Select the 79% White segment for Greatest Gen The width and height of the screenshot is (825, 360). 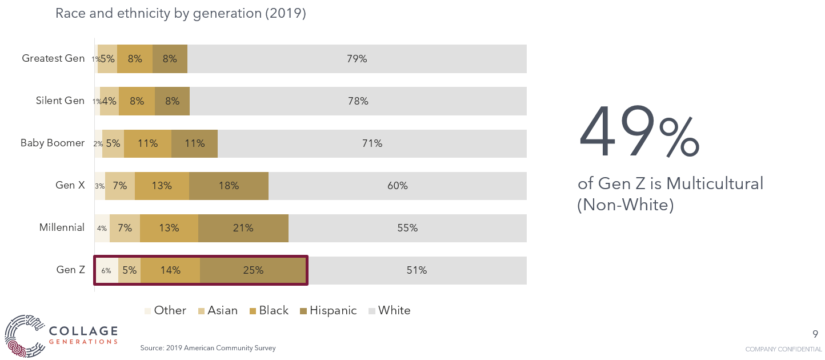[357, 59]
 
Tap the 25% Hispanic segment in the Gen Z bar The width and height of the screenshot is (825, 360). [253, 270]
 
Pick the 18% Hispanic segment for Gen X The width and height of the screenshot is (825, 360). [229, 186]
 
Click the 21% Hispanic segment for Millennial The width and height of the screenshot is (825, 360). [243, 228]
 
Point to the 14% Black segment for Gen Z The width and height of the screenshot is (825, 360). [170, 270]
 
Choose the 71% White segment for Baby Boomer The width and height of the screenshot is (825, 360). [371, 143]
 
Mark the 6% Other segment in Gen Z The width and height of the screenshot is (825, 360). [107, 270]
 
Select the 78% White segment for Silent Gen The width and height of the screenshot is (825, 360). [358, 101]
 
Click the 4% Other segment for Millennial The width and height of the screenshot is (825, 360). [102, 228]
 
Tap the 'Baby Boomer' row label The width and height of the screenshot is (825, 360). [53, 143]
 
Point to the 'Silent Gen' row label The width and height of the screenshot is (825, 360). [60, 101]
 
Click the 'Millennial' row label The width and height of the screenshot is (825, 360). [62, 227]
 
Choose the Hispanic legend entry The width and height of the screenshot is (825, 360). [329, 310]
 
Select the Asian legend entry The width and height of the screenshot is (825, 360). [218, 310]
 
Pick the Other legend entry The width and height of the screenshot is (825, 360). [165, 310]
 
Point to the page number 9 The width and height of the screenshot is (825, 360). [815, 334]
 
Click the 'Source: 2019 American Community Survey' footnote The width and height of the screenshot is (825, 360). [208, 348]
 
